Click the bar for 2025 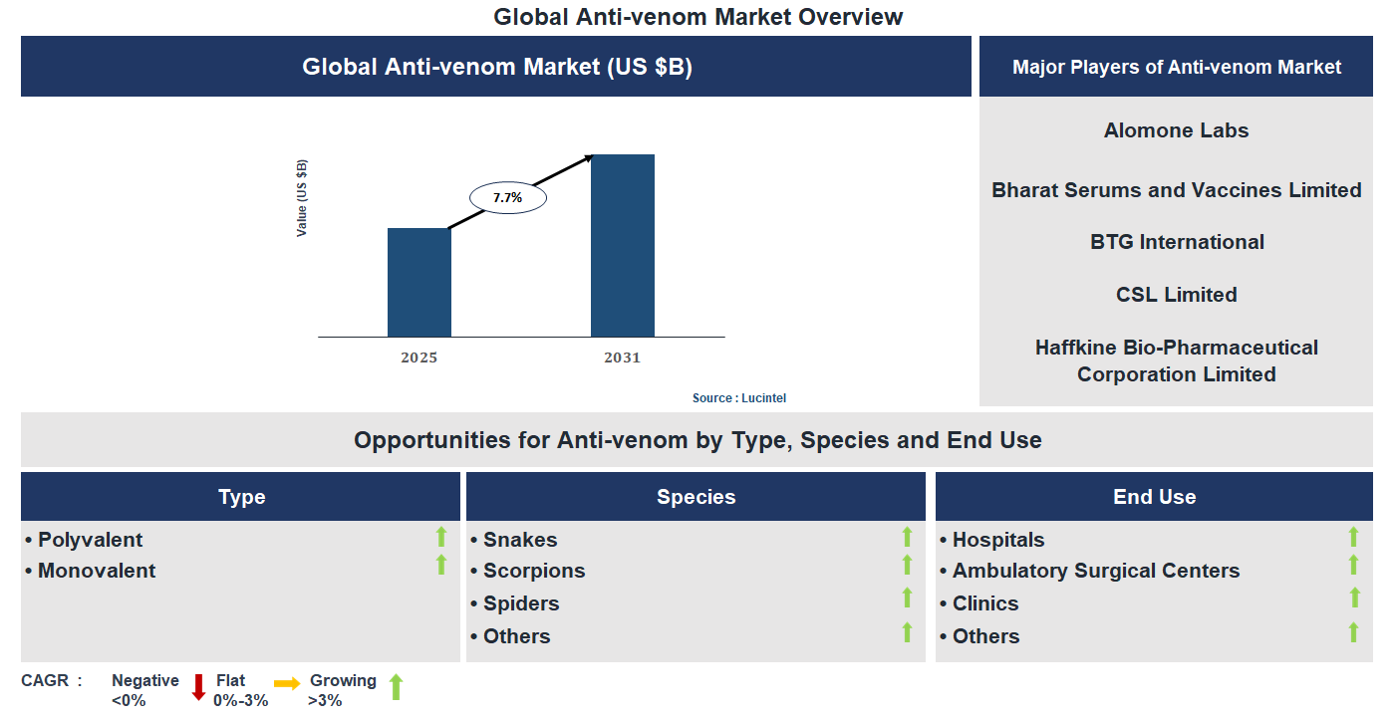418,283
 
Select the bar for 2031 622,246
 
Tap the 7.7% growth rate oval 507,197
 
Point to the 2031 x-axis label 622,358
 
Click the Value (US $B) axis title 302,197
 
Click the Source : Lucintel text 739,398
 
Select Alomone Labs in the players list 1176,130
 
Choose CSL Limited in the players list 1176,295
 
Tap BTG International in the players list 1176,242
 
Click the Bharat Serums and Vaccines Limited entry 1176,190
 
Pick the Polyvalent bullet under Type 90,540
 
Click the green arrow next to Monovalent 441,566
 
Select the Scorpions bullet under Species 533,571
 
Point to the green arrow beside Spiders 907,598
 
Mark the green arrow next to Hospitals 1353,538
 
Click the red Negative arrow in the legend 198,687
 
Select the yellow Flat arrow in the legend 287,683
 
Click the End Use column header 1154,497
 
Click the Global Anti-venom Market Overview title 697,17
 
